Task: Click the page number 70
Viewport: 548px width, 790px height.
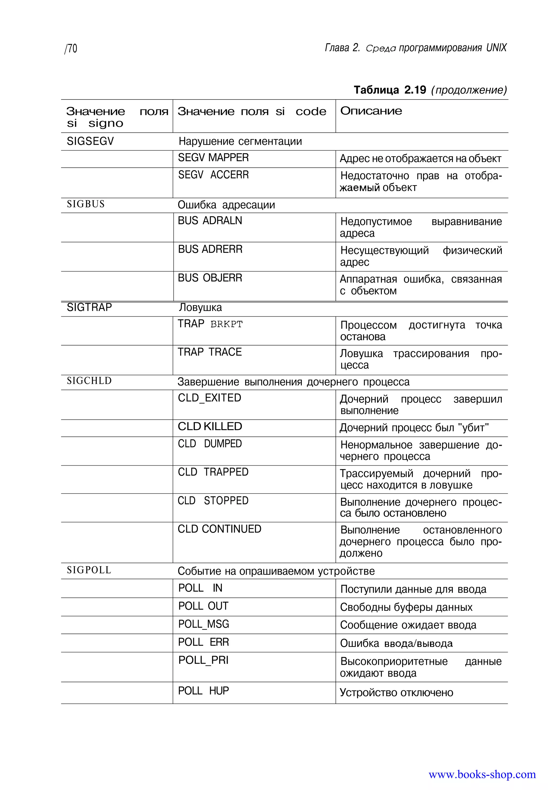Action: [x=71, y=49]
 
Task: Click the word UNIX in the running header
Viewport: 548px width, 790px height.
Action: [x=496, y=48]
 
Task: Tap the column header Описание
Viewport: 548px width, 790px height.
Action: [x=371, y=111]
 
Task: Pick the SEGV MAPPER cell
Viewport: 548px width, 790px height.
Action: [x=213, y=158]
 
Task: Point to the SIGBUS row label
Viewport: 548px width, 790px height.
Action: [x=86, y=204]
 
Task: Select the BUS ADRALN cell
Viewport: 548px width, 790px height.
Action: [x=210, y=221]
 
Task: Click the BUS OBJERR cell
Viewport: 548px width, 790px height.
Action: [x=210, y=278]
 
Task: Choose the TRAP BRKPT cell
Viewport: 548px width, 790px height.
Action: [x=210, y=324]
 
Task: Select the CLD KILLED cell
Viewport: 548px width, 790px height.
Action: [x=210, y=427]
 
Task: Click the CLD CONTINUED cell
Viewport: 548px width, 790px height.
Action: [x=219, y=529]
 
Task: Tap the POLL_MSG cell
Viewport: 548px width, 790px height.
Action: [x=203, y=624]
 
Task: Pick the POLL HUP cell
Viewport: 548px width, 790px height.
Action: [x=203, y=691]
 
